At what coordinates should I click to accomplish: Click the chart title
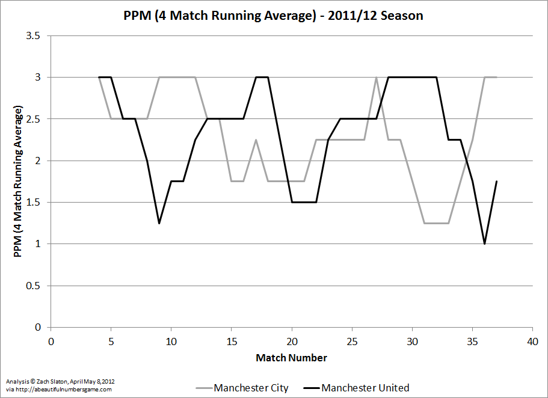(274, 16)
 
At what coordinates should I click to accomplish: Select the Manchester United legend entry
(365, 388)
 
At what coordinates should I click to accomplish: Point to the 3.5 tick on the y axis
(34, 36)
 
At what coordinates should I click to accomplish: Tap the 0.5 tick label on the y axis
(34, 286)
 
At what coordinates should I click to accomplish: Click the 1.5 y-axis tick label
(34, 203)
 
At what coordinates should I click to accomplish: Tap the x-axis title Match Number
(292, 358)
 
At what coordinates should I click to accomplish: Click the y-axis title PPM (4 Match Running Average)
(18, 182)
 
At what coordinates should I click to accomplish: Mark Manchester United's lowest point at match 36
(484, 243)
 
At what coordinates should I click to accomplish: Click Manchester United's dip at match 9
(159, 223)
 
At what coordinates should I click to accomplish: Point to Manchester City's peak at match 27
(376, 78)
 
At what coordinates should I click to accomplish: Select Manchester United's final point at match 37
(496, 182)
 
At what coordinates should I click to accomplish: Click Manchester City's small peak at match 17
(256, 140)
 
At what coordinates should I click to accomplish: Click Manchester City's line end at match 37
(496, 78)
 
